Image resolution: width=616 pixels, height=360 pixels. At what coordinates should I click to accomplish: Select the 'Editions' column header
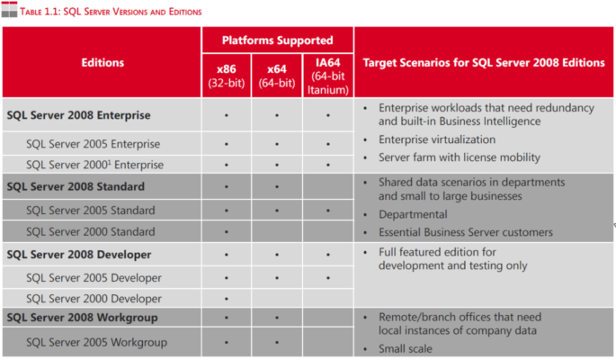click(101, 63)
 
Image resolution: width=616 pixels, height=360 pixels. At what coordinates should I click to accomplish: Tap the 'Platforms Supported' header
click(276, 40)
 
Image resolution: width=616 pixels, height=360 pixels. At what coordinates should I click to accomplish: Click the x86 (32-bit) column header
click(227, 75)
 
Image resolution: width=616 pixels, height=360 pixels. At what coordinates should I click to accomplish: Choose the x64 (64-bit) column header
click(276, 75)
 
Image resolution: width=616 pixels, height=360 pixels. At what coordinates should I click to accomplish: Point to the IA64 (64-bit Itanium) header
click(327, 75)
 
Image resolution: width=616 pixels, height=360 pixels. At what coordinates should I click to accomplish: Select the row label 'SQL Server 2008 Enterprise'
click(78, 116)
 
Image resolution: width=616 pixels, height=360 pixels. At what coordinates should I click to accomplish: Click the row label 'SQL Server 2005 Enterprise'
click(94, 144)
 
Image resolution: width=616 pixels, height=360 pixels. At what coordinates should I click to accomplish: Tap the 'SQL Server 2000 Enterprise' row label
click(95, 165)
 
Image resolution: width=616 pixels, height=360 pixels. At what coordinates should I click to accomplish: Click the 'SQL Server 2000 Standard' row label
click(91, 231)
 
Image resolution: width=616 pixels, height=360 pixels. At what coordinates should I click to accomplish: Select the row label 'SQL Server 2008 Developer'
click(78, 255)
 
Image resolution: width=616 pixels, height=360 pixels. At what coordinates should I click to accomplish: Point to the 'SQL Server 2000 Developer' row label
click(94, 299)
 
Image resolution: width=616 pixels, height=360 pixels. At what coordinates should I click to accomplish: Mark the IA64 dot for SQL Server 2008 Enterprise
click(327, 116)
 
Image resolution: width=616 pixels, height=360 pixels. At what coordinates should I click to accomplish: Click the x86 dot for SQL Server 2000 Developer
click(227, 299)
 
